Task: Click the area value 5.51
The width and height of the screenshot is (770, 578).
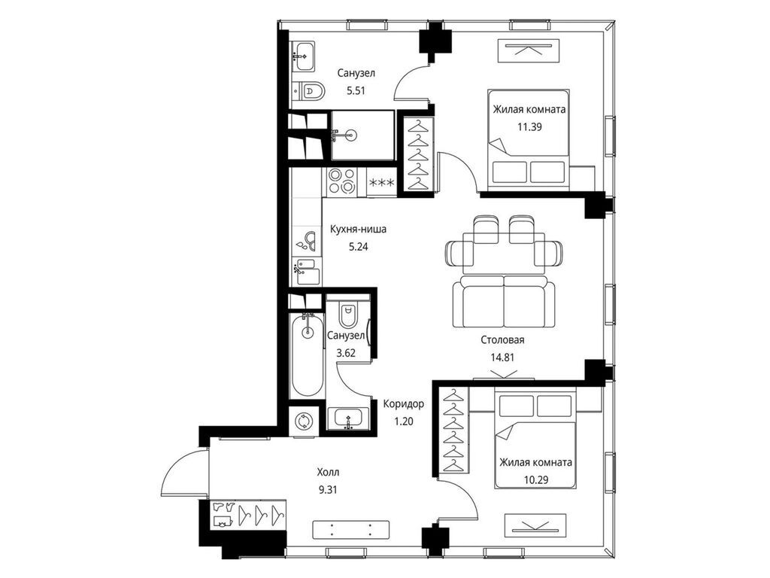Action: pos(356,91)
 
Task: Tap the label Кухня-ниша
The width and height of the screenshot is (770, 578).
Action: pos(358,229)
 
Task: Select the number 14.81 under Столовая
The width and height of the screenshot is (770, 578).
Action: pos(502,357)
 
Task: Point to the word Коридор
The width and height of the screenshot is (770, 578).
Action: pos(403,404)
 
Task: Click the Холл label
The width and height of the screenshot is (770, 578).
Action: pos(328,473)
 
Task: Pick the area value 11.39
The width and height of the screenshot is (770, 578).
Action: pos(529,126)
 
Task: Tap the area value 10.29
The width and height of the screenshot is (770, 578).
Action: pos(535,479)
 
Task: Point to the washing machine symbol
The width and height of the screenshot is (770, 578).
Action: pos(303,421)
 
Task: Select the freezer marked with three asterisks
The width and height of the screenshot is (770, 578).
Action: pos(381,183)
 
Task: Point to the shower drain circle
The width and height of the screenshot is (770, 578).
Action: pos(350,135)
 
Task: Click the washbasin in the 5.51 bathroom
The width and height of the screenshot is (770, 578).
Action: pos(305,56)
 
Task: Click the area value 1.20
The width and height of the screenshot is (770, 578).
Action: pos(403,421)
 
